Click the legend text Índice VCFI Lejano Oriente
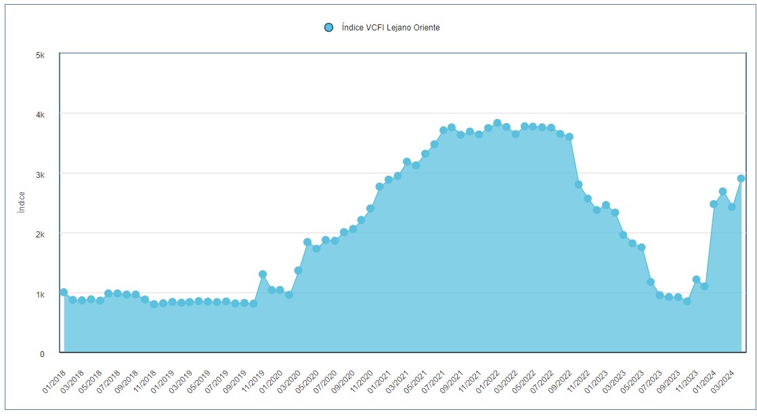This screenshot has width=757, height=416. (x=391, y=28)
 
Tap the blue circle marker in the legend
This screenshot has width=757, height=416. (x=328, y=28)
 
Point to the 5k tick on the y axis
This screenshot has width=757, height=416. (x=40, y=54)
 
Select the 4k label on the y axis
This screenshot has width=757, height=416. (x=40, y=114)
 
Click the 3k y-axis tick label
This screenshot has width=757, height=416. (x=40, y=175)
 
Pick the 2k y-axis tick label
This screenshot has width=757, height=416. (x=40, y=234)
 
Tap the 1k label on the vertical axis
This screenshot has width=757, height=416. (x=40, y=294)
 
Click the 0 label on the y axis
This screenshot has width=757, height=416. (x=42, y=354)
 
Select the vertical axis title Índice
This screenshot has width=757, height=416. (x=22, y=202)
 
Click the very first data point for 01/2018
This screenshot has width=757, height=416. (x=64, y=292)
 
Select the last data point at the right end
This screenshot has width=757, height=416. (x=741, y=179)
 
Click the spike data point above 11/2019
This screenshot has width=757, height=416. (x=263, y=274)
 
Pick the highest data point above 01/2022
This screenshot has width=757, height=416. (x=497, y=123)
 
